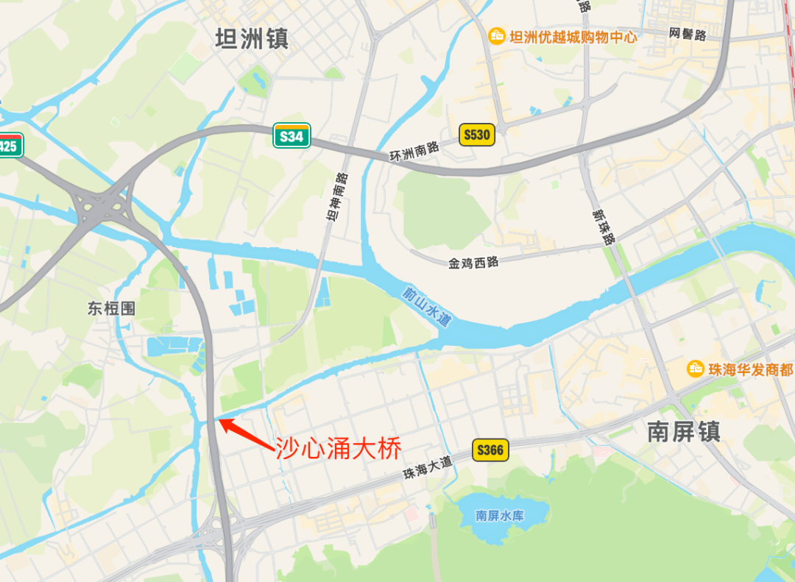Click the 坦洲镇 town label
pyautogui.click(x=252, y=39)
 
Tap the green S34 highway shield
pyautogui.click(x=291, y=136)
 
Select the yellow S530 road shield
pyautogui.click(x=476, y=135)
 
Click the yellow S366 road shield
pyautogui.click(x=490, y=450)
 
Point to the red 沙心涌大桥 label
pyautogui.click(x=339, y=448)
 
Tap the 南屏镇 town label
pyautogui.click(x=684, y=432)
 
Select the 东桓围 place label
pyautogui.click(x=111, y=308)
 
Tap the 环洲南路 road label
pyautogui.click(x=414, y=151)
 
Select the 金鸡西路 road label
pyautogui.click(x=473, y=261)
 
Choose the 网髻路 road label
pyautogui.click(x=688, y=35)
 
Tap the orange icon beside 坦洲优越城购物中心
pyautogui.click(x=497, y=35)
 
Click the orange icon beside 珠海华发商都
pyautogui.click(x=695, y=369)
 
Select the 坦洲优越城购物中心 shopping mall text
pyautogui.click(x=573, y=36)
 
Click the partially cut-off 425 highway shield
pyautogui.click(x=10, y=144)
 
